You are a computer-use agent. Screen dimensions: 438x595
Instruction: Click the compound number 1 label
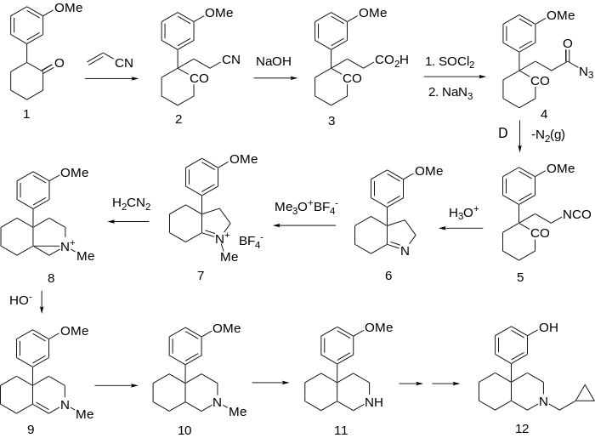(x=26, y=116)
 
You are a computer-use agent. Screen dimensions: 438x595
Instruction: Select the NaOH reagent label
(x=271, y=60)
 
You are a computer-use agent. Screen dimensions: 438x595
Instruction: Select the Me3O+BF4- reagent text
(x=305, y=208)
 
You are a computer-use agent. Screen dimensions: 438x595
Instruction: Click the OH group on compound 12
(x=548, y=327)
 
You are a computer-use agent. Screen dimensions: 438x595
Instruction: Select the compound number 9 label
(x=31, y=429)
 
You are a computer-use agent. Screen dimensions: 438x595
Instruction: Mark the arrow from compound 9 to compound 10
(x=118, y=385)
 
